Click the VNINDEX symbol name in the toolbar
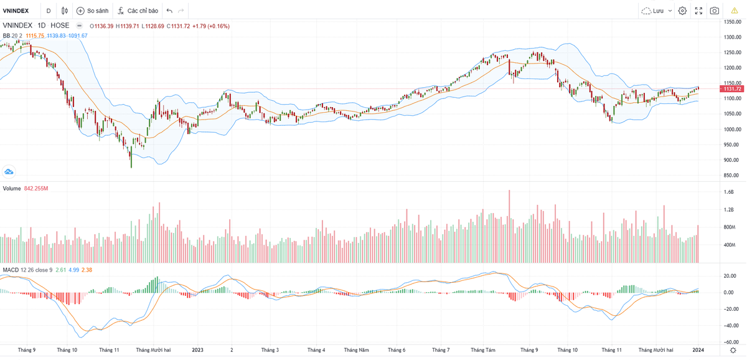(x=16, y=11)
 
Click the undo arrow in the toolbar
(x=169, y=11)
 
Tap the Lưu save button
(x=657, y=11)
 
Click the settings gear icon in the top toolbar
(x=682, y=11)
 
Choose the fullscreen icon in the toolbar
(x=698, y=11)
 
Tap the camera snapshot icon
(x=715, y=11)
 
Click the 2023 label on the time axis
(x=198, y=350)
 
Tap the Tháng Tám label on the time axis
(x=483, y=350)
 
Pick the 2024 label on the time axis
(x=698, y=350)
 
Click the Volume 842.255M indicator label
(x=26, y=188)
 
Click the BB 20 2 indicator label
(x=12, y=36)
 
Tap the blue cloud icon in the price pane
(x=9, y=171)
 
